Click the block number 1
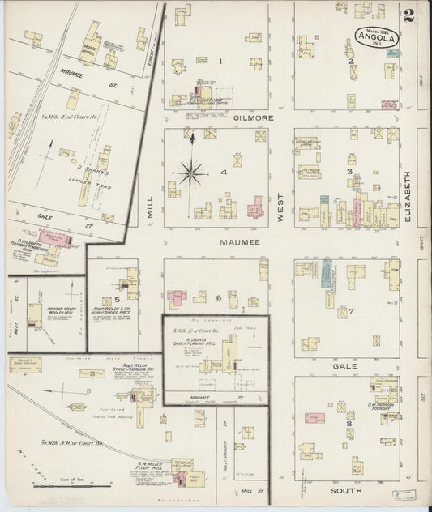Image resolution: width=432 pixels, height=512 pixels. pyautogui.click(x=220, y=61)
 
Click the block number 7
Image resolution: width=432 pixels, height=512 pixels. pyautogui.click(x=350, y=310)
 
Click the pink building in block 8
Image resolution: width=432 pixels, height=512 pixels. pyautogui.click(x=310, y=416)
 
